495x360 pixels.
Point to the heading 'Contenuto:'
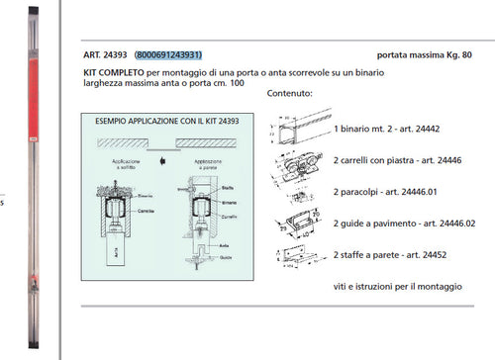(290, 95)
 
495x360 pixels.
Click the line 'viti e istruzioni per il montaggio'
(397, 286)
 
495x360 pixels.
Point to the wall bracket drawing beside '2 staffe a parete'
(297, 255)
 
